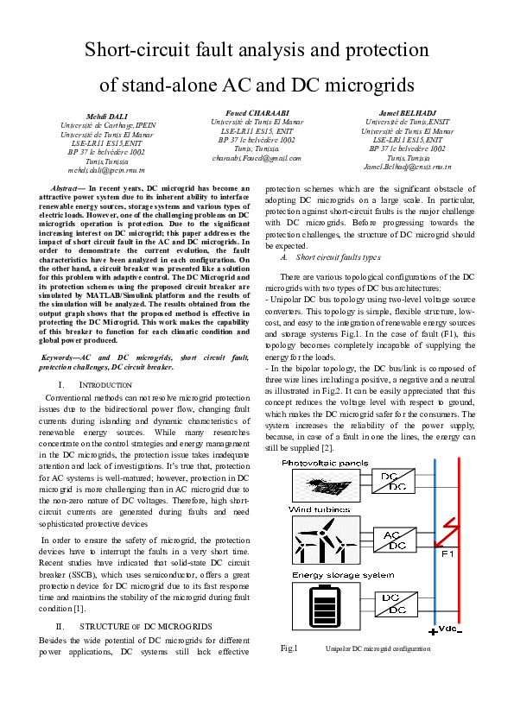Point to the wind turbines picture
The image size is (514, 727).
tap(320, 542)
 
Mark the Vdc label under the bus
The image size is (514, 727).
tap(448, 628)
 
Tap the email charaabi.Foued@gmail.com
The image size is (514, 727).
tap(257, 158)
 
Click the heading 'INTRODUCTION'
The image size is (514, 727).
tap(105, 383)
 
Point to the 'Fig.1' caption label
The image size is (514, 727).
tap(289, 648)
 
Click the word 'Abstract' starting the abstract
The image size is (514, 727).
tap(67, 186)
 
